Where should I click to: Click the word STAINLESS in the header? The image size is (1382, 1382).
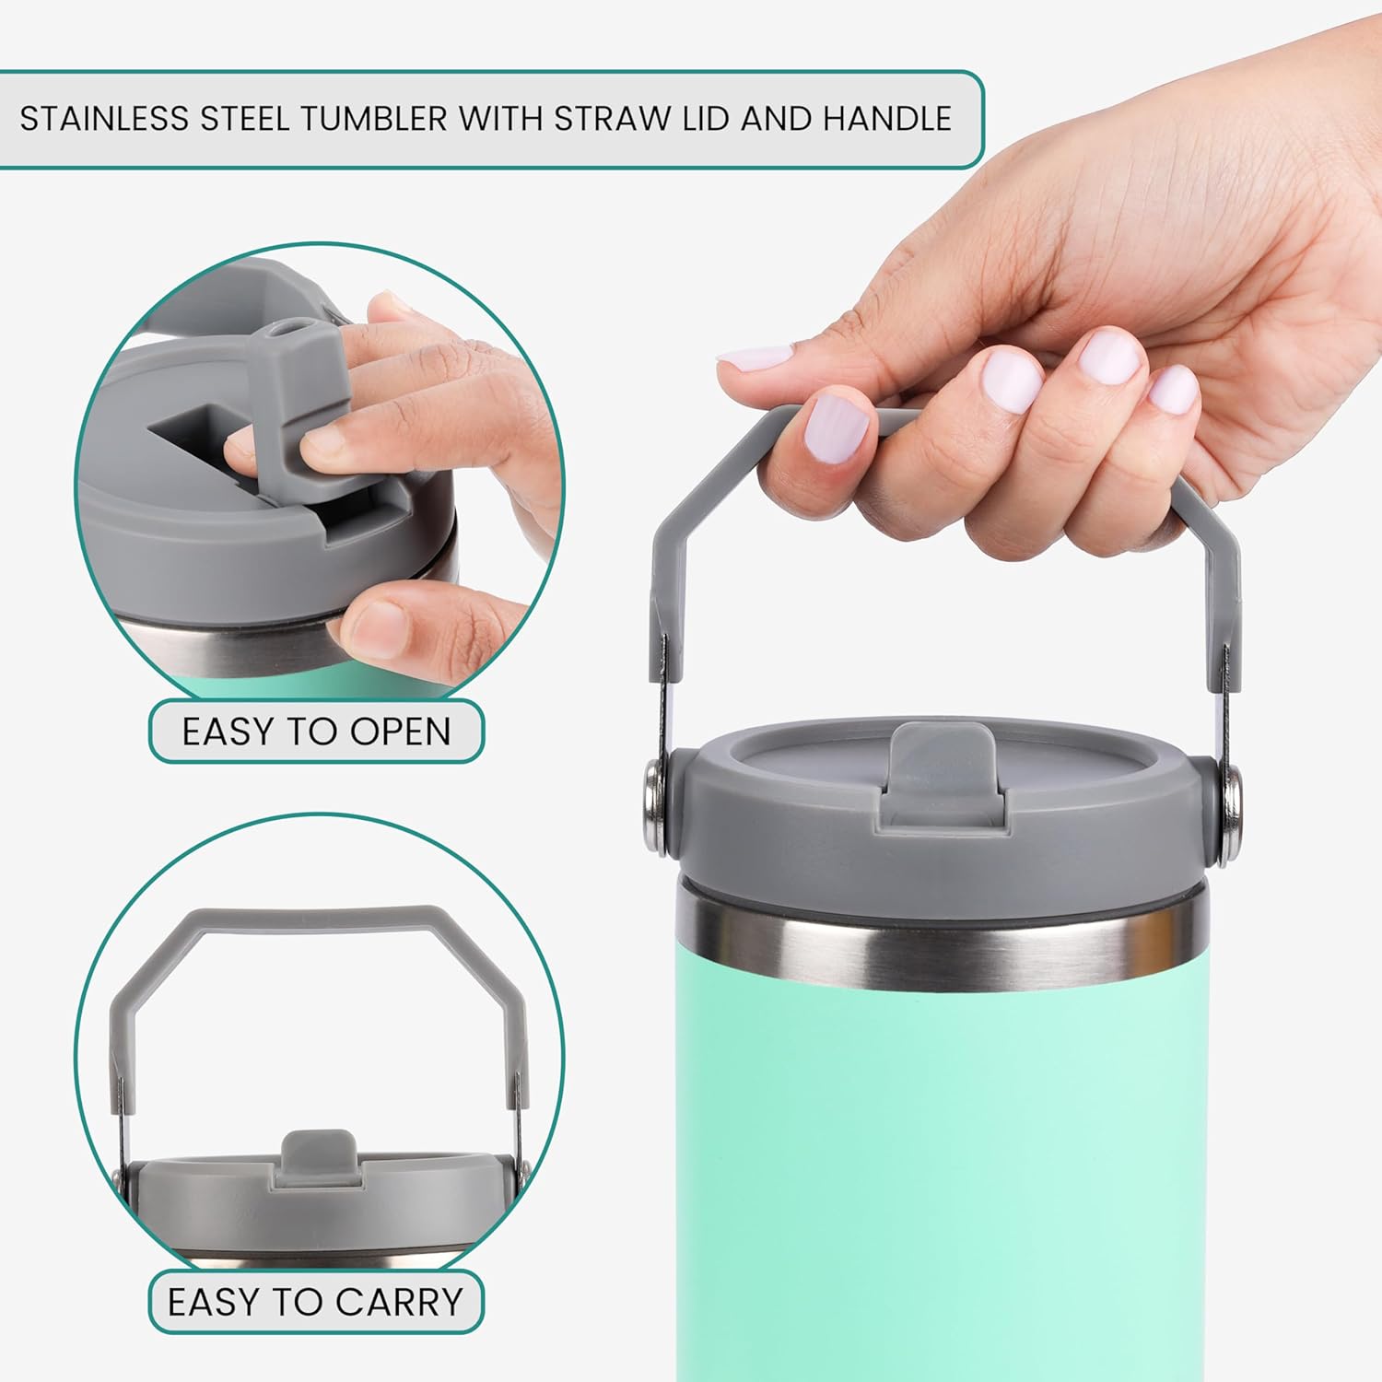[x=104, y=119]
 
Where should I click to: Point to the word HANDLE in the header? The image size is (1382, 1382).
[x=887, y=119]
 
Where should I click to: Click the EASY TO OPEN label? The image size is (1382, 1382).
[x=316, y=732]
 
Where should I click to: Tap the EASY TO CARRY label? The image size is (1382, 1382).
[x=316, y=1302]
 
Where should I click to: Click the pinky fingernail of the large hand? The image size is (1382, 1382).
[x=1174, y=391]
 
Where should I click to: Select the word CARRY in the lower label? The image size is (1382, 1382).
[x=399, y=1302]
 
